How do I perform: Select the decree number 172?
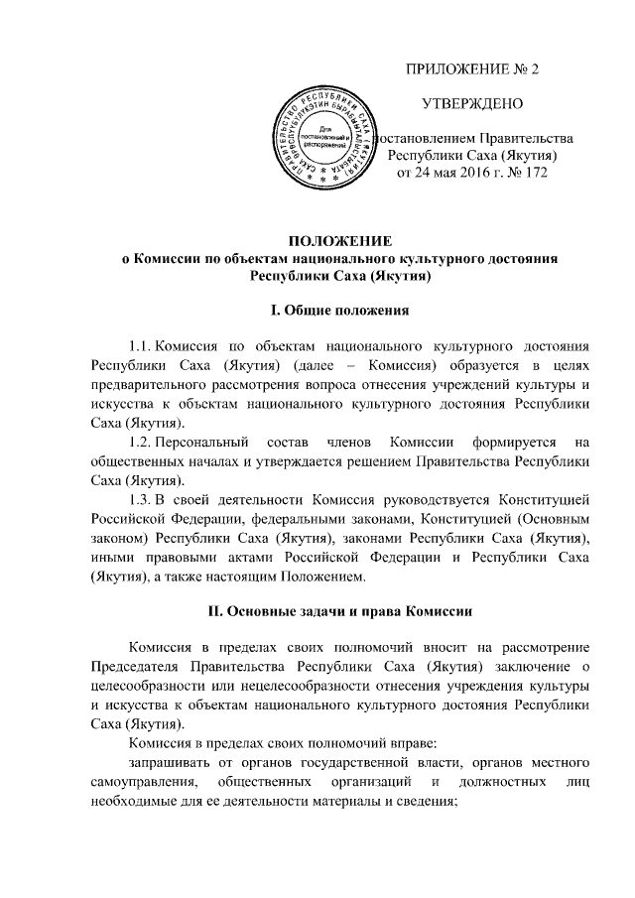535,173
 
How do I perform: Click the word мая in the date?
432,173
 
